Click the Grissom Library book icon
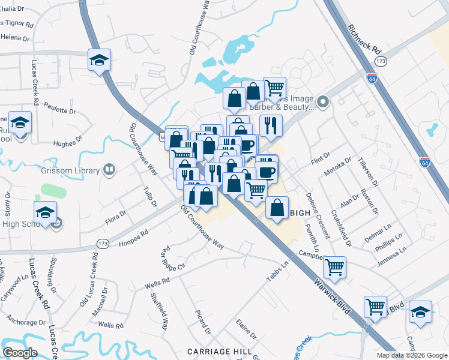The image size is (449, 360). tap(109, 170)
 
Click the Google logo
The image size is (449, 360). tap(20, 353)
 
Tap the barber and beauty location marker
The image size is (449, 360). tap(323, 102)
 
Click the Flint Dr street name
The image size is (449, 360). tap(321, 160)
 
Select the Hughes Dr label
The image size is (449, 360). tap(64, 143)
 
